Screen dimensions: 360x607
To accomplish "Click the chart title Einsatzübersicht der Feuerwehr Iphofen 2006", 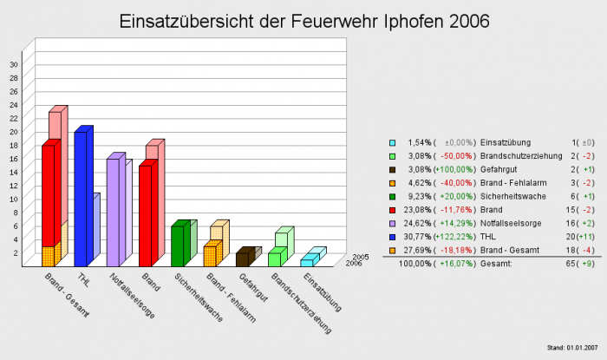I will click(303, 20).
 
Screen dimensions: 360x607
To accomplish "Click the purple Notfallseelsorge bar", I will click(113, 212).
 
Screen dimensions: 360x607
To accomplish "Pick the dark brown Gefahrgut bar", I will click(242, 259).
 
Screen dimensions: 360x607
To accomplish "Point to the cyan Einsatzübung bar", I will click(306, 262).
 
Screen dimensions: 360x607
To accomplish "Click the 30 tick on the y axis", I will click(13, 64).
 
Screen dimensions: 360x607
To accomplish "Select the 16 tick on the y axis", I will click(13, 159).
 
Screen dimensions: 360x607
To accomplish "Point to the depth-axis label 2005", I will click(362, 257).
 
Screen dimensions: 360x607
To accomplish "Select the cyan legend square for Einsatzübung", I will click(393, 142).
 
